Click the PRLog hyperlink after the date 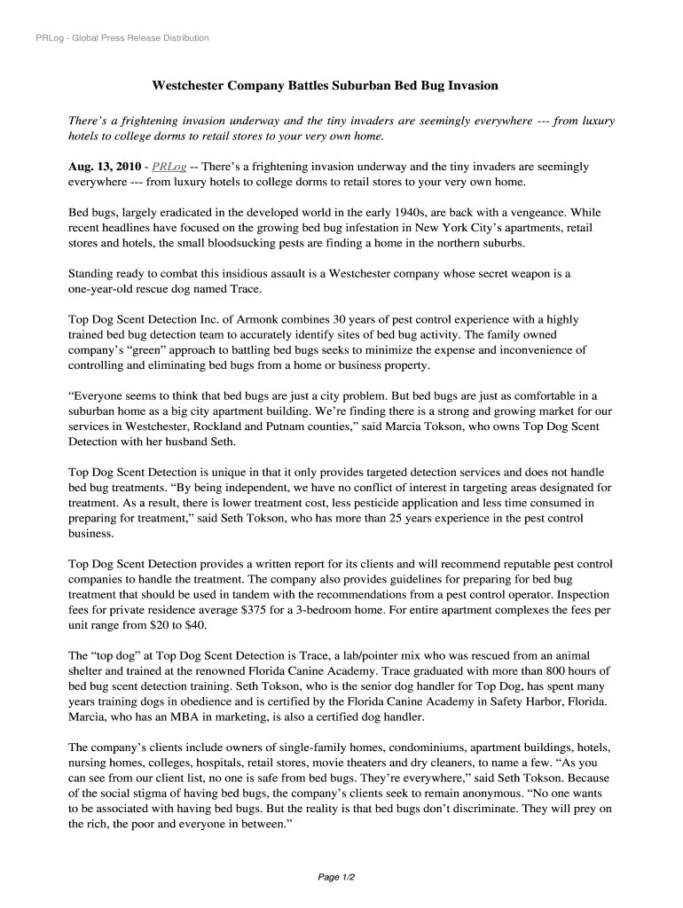pos(169,167)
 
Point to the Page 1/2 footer pos(337,877)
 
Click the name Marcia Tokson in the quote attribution pos(416,427)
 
